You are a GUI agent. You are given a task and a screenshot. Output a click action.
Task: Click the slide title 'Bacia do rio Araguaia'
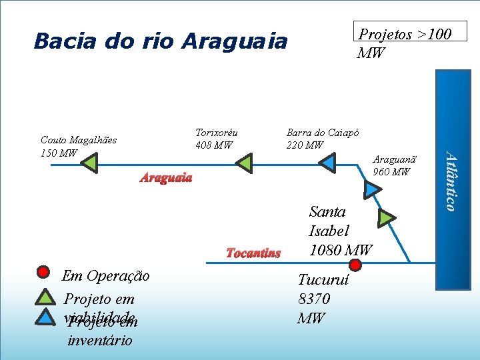(x=160, y=41)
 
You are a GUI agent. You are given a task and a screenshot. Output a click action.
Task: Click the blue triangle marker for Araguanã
(x=373, y=189)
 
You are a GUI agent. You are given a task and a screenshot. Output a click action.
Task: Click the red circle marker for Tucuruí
(x=355, y=265)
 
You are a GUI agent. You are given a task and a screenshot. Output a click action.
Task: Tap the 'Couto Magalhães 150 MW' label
(x=78, y=147)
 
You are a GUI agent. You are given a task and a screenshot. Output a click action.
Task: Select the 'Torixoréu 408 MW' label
(x=217, y=139)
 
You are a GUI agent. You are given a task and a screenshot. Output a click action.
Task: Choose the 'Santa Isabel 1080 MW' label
(x=340, y=231)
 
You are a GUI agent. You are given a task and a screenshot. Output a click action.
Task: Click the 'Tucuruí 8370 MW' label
(x=314, y=299)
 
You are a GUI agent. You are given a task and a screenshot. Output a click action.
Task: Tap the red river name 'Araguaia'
(x=166, y=177)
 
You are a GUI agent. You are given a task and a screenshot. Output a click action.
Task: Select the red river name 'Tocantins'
(x=253, y=253)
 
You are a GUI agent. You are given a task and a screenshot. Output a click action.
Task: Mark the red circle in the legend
(x=43, y=271)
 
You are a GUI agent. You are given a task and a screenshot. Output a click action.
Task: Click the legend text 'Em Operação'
(x=105, y=276)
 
